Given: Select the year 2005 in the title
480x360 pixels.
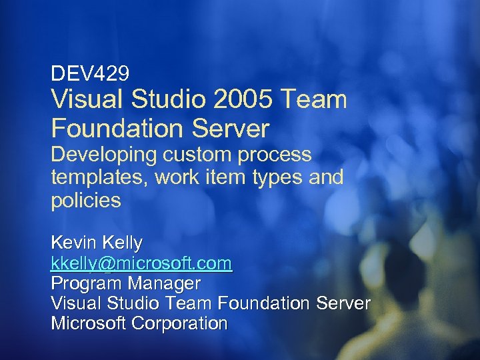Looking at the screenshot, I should coord(244,100).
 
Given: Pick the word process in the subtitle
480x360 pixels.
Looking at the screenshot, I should coord(273,156).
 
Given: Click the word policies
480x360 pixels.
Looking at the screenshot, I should coord(86,201).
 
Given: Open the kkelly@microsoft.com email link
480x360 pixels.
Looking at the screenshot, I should coord(141,263).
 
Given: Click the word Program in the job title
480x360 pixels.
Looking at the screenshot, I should coord(87,283).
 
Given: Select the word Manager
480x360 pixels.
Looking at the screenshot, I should coord(163,283).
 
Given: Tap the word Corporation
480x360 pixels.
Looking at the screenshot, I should coord(180,324).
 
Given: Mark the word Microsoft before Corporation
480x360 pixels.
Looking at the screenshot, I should coord(89,324).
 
